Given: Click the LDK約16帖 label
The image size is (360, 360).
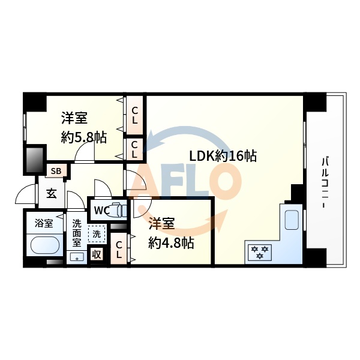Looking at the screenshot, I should tap(223, 156).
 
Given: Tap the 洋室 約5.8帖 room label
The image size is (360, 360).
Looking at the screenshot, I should tap(83, 128).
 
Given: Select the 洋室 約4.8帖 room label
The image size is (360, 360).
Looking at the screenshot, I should tap(171, 233).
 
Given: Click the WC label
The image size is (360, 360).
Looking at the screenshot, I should tap(100, 211).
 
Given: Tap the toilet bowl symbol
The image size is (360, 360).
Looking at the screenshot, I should tap(118, 211).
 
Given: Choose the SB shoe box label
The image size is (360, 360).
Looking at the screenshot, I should tap(56, 171).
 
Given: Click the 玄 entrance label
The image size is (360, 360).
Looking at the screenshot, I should tap(52, 194).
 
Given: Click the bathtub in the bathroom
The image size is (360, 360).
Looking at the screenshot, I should tap(44, 246).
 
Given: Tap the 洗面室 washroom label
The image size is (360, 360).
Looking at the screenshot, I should tap(77, 233).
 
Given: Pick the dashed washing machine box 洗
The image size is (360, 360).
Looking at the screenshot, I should tap(97, 232).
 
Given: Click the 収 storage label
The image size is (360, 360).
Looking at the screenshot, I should tap(96, 254).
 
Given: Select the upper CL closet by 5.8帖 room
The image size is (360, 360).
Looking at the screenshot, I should tap(135, 115).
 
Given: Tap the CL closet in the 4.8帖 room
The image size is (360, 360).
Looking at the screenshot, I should tap(119, 249).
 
